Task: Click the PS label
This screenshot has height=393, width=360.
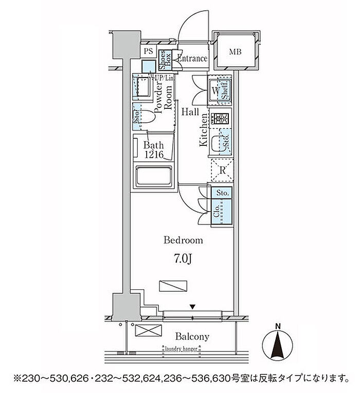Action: click(148, 51)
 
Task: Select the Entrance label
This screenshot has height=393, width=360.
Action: click(192, 59)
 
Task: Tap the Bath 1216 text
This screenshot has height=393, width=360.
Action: click(153, 151)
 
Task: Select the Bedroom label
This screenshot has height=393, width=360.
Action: click(183, 240)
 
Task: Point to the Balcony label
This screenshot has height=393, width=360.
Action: click(192, 337)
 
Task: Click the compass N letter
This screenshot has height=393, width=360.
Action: click(278, 325)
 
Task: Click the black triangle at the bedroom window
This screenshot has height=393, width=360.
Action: click(192, 307)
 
